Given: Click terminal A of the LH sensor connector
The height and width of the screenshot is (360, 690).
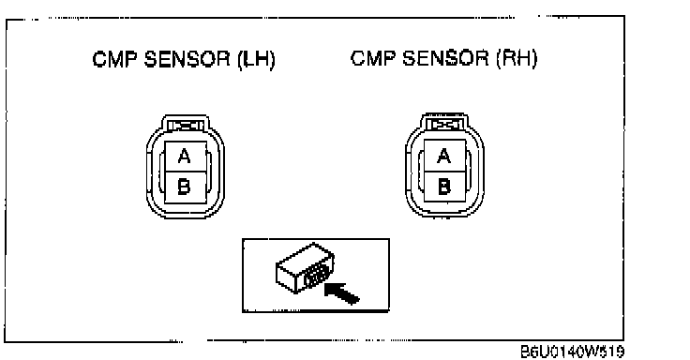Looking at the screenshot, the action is pos(186,157).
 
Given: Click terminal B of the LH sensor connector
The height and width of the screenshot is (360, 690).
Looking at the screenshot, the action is pos(186,187).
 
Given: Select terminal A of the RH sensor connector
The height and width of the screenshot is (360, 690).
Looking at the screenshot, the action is pos(444,156).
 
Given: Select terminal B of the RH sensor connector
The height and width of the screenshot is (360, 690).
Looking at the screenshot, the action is pos(444,187).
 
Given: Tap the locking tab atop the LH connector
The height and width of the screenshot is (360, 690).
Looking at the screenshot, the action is pos(186,126).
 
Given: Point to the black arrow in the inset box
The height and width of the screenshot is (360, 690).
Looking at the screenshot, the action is pos(342,292).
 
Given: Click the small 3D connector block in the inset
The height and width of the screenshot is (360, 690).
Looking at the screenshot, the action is pos(305,267).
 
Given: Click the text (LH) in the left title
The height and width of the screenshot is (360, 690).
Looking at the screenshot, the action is pos(256,59).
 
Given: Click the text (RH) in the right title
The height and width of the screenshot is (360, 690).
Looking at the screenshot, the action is pos(517,58).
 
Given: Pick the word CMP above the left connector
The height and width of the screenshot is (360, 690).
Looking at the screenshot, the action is pos(115,59).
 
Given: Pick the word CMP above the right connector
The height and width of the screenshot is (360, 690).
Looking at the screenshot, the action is pos(374,58).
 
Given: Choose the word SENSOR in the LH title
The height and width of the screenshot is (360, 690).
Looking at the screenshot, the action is pos(187,59).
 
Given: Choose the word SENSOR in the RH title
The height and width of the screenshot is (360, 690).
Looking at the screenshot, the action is pos(445,58).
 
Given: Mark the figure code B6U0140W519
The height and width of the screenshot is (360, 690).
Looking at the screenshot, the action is pos(572,352).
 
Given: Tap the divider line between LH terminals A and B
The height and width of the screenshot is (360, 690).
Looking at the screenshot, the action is pos(186,172).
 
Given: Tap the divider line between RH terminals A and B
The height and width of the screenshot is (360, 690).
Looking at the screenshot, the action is pos(444,172).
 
